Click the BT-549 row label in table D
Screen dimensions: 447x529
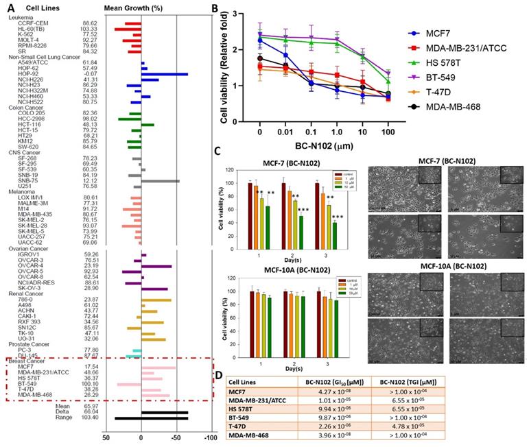[x=243, y=418]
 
